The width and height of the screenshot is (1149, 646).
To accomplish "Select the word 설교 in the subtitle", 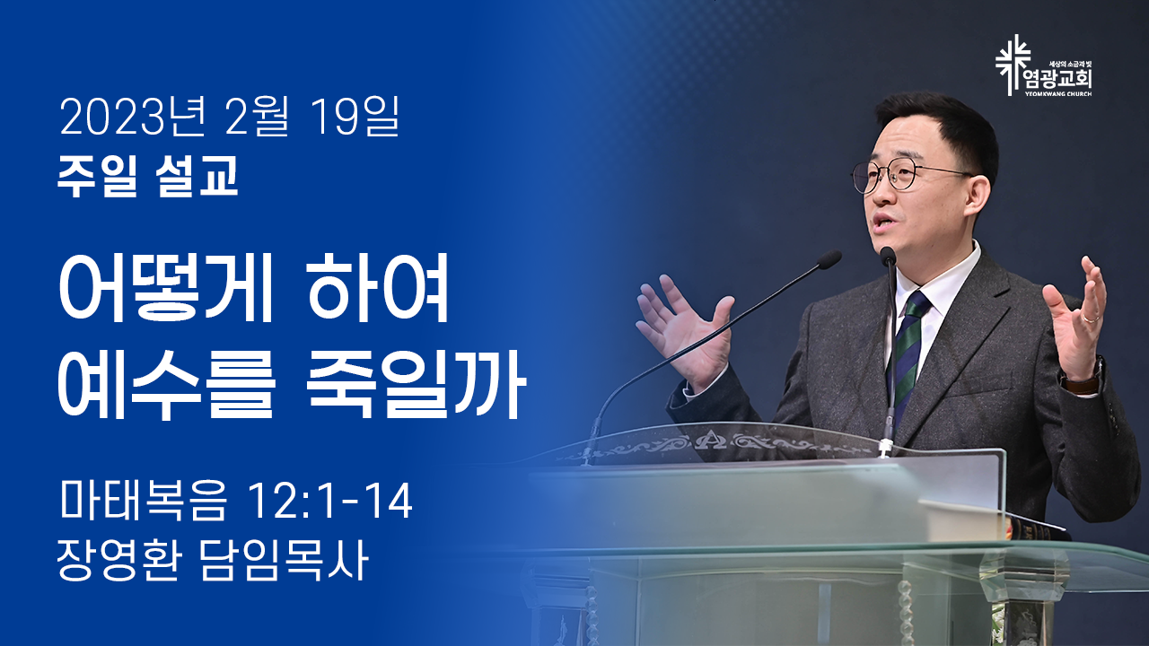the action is [197, 176].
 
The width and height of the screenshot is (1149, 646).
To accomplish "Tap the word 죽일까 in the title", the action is [417, 385].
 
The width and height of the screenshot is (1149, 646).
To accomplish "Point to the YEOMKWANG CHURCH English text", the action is [1058, 94].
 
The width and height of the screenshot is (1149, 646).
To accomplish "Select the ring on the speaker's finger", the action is [1091, 319].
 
